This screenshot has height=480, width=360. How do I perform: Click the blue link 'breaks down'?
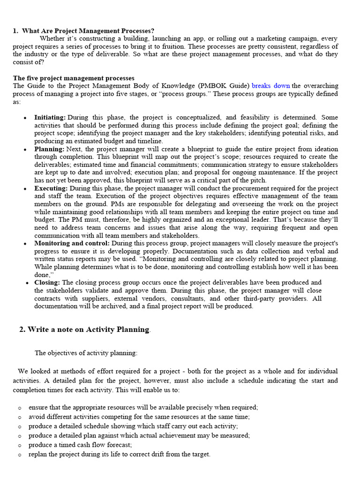tap(270, 86)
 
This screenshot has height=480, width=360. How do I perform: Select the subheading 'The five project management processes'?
tap(74, 78)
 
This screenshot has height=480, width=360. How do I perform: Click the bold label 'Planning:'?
tap(49, 149)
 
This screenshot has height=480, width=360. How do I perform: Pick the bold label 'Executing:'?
tap(51, 188)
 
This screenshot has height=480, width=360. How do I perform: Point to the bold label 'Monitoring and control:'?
tap(72, 243)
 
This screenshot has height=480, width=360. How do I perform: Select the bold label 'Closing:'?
tap(47, 283)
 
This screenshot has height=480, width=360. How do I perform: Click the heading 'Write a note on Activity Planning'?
tap(88, 330)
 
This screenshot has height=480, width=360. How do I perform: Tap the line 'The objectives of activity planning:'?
tap(86, 353)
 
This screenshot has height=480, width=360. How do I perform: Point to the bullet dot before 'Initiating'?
tap(25, 118)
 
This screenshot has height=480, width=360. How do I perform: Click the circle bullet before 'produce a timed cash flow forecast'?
tap(20, 445)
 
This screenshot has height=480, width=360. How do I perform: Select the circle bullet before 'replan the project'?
tap(20, 455)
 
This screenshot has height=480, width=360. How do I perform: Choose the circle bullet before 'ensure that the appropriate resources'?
tap(20, 408)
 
